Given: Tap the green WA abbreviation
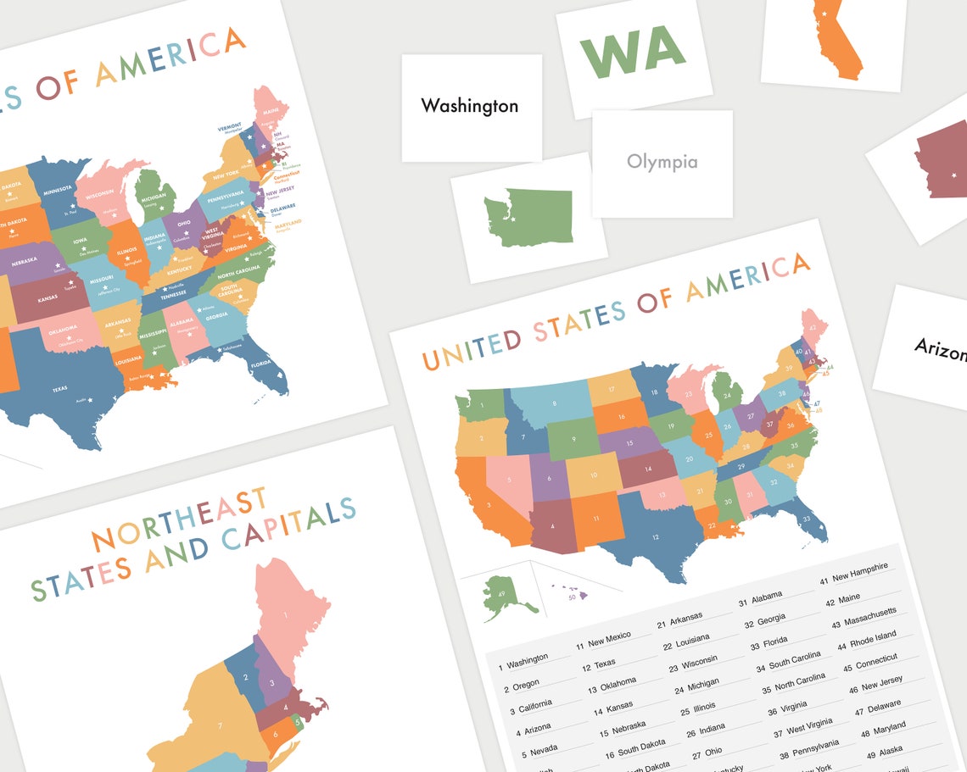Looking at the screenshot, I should (x=632, y=52).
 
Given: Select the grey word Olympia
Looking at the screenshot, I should (x=662, y=162).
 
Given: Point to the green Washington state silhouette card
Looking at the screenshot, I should (x=528, y=218).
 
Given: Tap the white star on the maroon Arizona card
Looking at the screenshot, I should (x=955, y=175).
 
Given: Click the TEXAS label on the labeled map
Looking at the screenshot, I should (x=59, y=389).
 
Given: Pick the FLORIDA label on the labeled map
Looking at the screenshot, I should (x=259, y=369).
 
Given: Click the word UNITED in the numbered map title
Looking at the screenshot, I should (x=472, y=348).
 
